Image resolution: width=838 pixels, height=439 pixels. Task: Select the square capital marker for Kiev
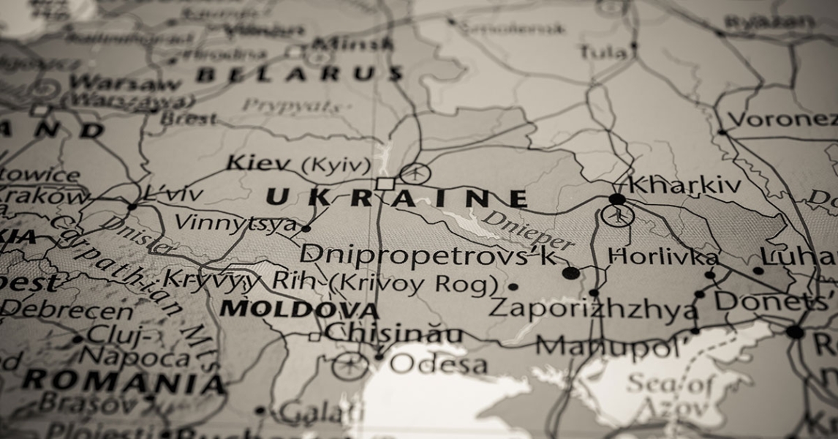[x=385, y=183]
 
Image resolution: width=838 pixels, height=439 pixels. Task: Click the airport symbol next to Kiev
[x=415, y=173]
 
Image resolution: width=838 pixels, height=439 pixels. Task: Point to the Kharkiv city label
[x=684, y=184]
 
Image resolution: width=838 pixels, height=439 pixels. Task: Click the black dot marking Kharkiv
[x=617, y=199]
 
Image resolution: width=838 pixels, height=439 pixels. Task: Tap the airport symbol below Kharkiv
[x=618, y=215]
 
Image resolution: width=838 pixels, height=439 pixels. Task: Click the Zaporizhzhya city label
[x=592, y=307]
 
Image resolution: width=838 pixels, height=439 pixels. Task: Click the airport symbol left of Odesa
[x=351, y=365]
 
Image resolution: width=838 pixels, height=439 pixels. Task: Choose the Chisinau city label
[x=393, y=334]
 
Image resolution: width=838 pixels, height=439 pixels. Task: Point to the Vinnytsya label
[x=236, y=223]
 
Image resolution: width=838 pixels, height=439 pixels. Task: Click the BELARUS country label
[x=300, y=74]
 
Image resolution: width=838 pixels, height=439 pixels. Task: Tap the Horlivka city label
[x=663, y=257]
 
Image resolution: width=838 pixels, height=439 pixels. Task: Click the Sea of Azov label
[x=668, y=394]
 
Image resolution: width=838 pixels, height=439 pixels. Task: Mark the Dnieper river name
[x=527, y=230]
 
